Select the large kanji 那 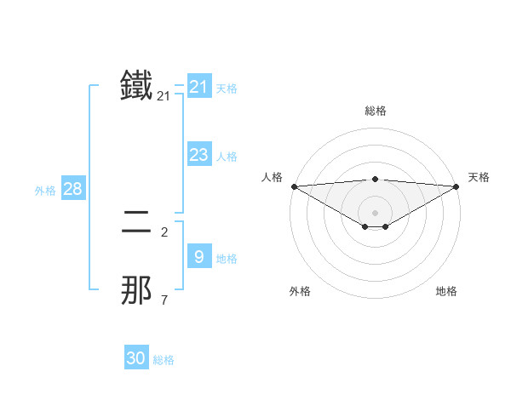(136, 290)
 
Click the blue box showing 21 (198, 86)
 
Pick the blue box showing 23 (198, 155)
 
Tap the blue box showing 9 (198, 256)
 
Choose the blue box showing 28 (72, 189)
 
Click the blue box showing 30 (136, 358)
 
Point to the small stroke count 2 (164, 231)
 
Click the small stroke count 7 (164, 300)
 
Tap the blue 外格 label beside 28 (45, 191)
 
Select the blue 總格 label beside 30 (164, 360)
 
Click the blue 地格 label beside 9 (227, 259)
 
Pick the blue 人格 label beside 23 (227, 157)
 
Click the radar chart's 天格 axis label (479, 177)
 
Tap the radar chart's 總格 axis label (376, 111)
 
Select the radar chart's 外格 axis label (300, 291)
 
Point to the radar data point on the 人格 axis (294, 186)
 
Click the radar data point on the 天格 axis (456, 186)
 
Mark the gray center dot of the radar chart (376, 213)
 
